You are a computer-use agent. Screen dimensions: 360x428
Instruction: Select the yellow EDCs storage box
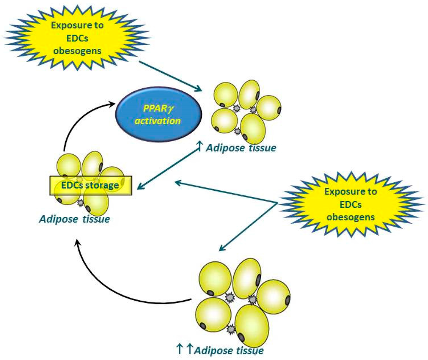[x=91, y=185]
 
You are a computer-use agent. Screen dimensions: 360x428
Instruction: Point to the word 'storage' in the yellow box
[x=102, y=185]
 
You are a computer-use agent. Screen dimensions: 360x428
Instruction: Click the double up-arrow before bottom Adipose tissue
[x=185, y=347]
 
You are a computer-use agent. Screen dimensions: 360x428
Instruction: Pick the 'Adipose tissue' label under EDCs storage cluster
[x=75, y=219]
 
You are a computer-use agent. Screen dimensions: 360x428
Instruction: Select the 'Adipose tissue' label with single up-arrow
[x=241, y=148]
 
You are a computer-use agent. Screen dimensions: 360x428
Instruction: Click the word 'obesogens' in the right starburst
[x=350, y=217]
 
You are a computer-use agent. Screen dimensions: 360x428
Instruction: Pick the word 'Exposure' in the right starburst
[x=351, y=192]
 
